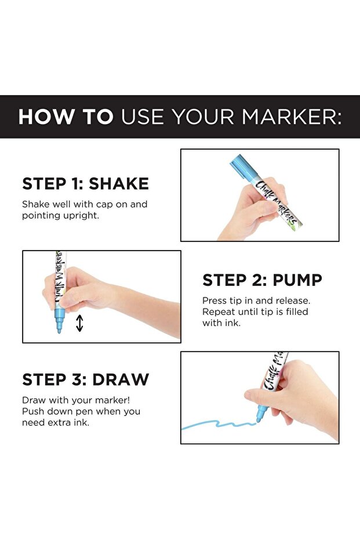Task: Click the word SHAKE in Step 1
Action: click(x=119, y=183)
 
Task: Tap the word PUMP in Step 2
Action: click(x=297, y=280)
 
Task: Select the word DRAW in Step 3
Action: click(x=121, y=379)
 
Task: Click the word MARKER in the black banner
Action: click(x=289, y=117)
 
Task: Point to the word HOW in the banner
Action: click(x=46, y=117)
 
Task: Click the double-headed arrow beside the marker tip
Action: click(x=79, y=323)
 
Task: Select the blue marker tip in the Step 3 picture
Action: click(x=260, y=414)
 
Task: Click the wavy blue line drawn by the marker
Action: click(x=218, y=423)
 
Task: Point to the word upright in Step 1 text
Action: click(x=83, y=216)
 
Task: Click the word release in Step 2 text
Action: click(x=292, y=300)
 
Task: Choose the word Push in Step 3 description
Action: click(x=32, y=411)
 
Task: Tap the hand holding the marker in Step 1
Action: click(x=253, y=209)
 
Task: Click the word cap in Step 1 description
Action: click(x=104, y=205)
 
